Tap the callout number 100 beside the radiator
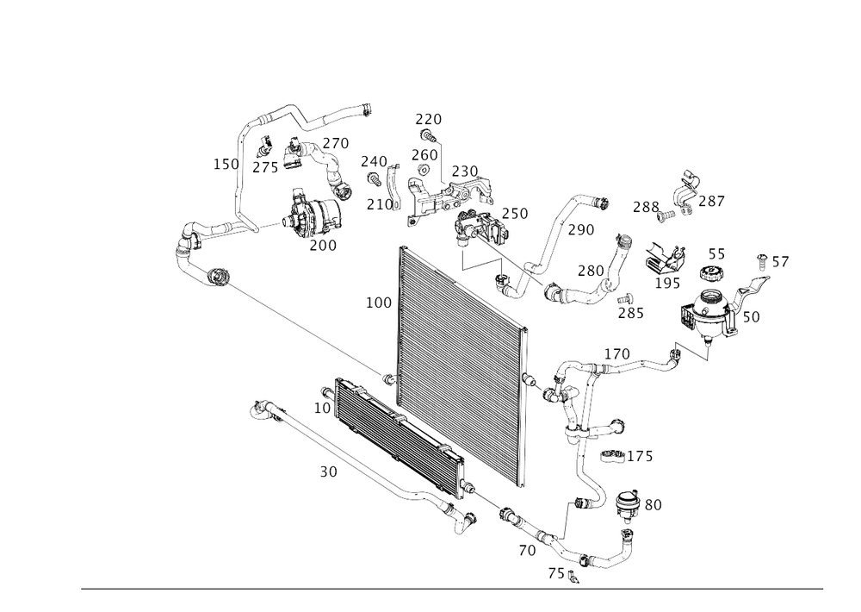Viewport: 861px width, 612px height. pos(379,303)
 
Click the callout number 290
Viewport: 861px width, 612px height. pos(583,231)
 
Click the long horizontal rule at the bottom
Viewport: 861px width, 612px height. pos(452,590)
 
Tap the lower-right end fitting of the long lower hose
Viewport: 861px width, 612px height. pos(466,517)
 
